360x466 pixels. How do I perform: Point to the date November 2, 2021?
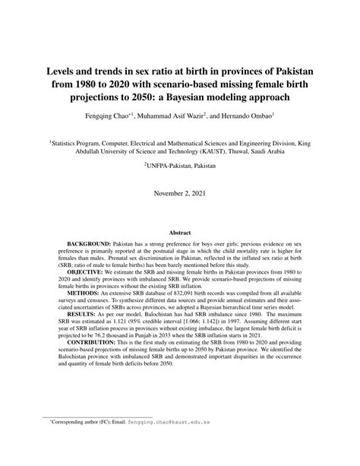(x=180, y=194)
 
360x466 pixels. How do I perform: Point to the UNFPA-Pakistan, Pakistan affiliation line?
(x=180, y=164)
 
